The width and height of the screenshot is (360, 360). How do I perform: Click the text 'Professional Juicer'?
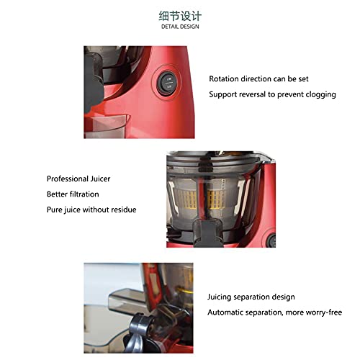tap(78, 179)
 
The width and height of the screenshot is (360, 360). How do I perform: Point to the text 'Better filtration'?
tap(73, 194)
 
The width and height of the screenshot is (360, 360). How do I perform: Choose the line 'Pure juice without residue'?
tap(91, 210)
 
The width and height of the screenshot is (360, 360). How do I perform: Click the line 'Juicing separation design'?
tap(251, 297)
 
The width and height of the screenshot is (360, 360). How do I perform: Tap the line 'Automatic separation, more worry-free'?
tap(274, 312)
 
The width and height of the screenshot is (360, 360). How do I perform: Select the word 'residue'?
tap(122, 210)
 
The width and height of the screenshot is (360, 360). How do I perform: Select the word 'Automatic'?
tap(227, 312)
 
